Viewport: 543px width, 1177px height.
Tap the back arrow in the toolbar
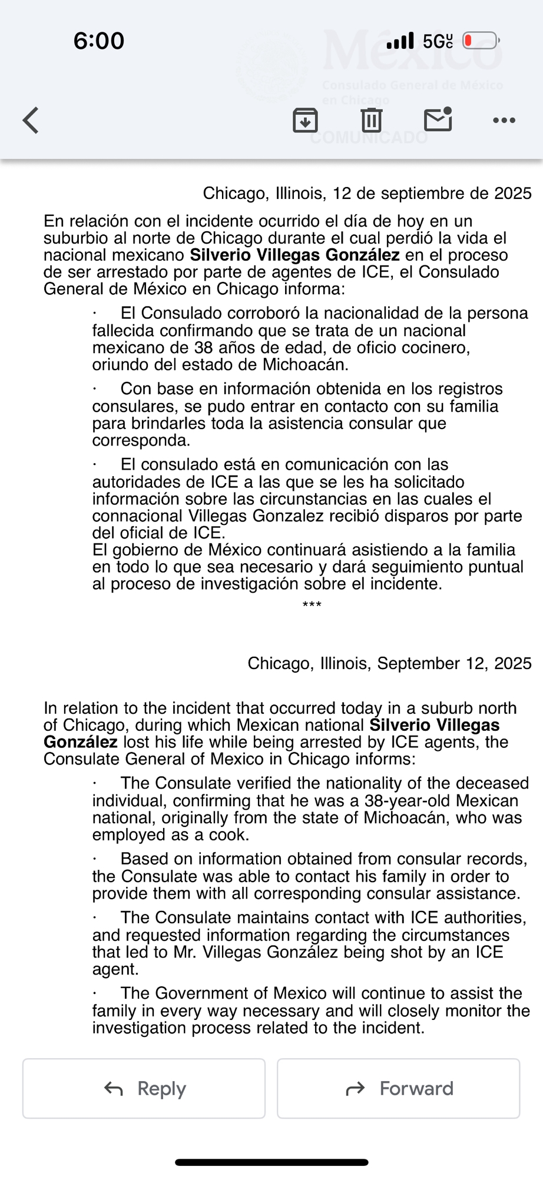(x=31, y=121)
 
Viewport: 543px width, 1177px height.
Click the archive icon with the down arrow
(x=305, y=121)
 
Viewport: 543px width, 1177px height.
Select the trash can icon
(x=371, y=120)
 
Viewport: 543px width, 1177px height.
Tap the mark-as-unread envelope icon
(x=438, y=119)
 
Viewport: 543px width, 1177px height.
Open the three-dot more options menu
(x=504, y=121)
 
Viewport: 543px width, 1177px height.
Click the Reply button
(x=144, y=1089)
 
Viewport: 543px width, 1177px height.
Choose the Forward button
(x=399, y=1089)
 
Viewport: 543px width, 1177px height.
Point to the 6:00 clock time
(x=99, y=41)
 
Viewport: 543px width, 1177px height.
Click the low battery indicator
(x=481, y=41)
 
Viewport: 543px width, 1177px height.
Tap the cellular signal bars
(x=400, y=41)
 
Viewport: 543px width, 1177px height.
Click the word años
(x=239, y=348)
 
